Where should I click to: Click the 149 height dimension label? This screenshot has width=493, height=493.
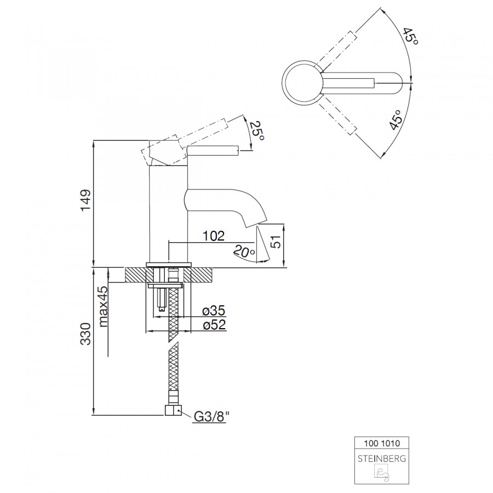click(x=85, y=200)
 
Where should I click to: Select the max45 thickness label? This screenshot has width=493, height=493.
click(x=104, y=307)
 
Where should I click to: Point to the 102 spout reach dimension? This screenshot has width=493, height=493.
click(x=214, y=236)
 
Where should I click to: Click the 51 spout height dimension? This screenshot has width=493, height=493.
click(x=276, y=242)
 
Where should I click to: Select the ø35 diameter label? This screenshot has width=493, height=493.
click(x=214, y=311)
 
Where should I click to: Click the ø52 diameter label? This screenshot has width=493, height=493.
click(x=214, y=324)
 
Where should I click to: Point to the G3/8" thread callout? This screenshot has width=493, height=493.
click(x=211, y=417)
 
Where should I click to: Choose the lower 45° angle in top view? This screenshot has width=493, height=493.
click(x=396, y=120)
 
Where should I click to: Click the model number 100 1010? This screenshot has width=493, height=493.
click(x=382, y=443)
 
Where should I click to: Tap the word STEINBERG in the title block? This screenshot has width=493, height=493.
click(x=382, y=458)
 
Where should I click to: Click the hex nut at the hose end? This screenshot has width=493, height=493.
click(x=173, y=410)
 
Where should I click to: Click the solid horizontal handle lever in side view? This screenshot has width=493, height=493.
click(x=213, y=151)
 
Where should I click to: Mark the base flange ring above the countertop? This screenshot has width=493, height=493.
click(x=169, y=264)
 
